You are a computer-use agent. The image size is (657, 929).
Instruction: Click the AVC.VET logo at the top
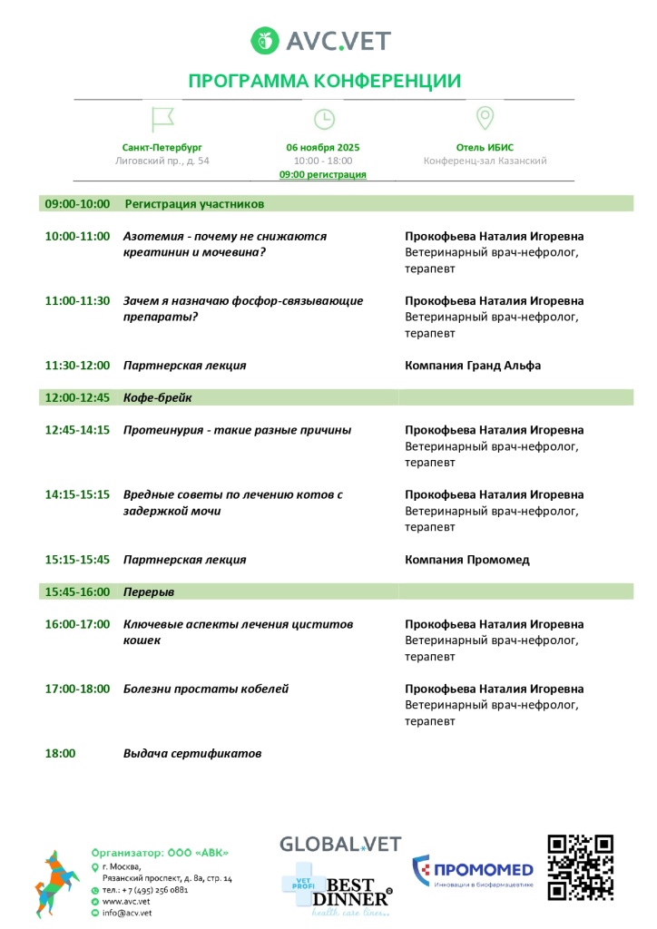322,41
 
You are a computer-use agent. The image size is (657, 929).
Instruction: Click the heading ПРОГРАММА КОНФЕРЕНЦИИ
324,81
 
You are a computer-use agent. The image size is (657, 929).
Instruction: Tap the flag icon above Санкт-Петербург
162,119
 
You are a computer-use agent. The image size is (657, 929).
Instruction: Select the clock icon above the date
324,119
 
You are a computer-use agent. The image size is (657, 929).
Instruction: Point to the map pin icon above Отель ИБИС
485,119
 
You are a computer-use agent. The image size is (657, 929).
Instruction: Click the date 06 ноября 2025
323,147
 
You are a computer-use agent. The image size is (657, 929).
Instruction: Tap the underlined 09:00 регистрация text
323,174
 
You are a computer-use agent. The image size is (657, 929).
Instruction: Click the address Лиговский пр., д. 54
162,161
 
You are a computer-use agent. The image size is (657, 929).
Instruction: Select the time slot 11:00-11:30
77,301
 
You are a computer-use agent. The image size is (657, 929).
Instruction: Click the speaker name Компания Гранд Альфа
472,366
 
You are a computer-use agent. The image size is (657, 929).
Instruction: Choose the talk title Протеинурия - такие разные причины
237,430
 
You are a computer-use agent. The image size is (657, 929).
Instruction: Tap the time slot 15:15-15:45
77,560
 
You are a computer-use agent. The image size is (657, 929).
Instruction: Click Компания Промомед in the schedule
466,560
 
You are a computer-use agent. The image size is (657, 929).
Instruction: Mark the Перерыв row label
149,592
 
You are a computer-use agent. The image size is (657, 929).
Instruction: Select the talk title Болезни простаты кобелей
206,689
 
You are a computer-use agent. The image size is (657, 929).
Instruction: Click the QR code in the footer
580,867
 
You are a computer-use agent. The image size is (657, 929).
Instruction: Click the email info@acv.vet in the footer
127,914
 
